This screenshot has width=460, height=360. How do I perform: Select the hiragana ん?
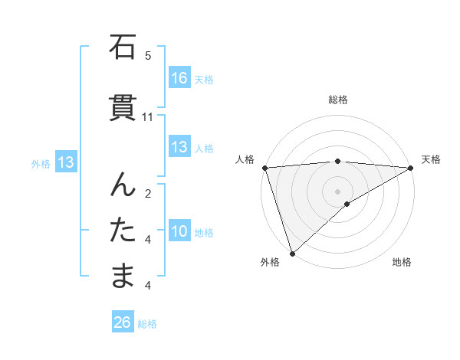pos(123,185)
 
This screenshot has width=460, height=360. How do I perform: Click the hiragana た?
pos(123,229)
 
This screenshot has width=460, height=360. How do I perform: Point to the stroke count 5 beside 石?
pos(148,56)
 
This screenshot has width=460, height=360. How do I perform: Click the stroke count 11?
pos(148,117)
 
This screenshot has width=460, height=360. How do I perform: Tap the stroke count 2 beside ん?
pos(148,194)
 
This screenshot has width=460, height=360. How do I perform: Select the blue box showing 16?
pos(179,78)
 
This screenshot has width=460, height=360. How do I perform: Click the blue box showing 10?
pos(179,231)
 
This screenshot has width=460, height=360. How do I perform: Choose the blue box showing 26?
pos(123,322)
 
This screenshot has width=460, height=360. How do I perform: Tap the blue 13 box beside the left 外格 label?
pos(65,162)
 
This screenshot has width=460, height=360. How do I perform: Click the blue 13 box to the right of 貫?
pos(179,147)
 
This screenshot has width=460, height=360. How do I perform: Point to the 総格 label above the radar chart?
pos(338,100)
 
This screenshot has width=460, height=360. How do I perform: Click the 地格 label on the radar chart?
pos(402,262)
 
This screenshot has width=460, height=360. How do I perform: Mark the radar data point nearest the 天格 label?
pos(411,168)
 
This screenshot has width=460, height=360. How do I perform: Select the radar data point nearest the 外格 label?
pos(292,253)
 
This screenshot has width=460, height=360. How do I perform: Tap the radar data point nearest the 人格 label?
pos(264,168)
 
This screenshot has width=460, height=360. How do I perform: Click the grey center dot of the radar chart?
pos(337,191)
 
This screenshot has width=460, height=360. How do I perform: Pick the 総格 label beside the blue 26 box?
pos(147,324)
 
